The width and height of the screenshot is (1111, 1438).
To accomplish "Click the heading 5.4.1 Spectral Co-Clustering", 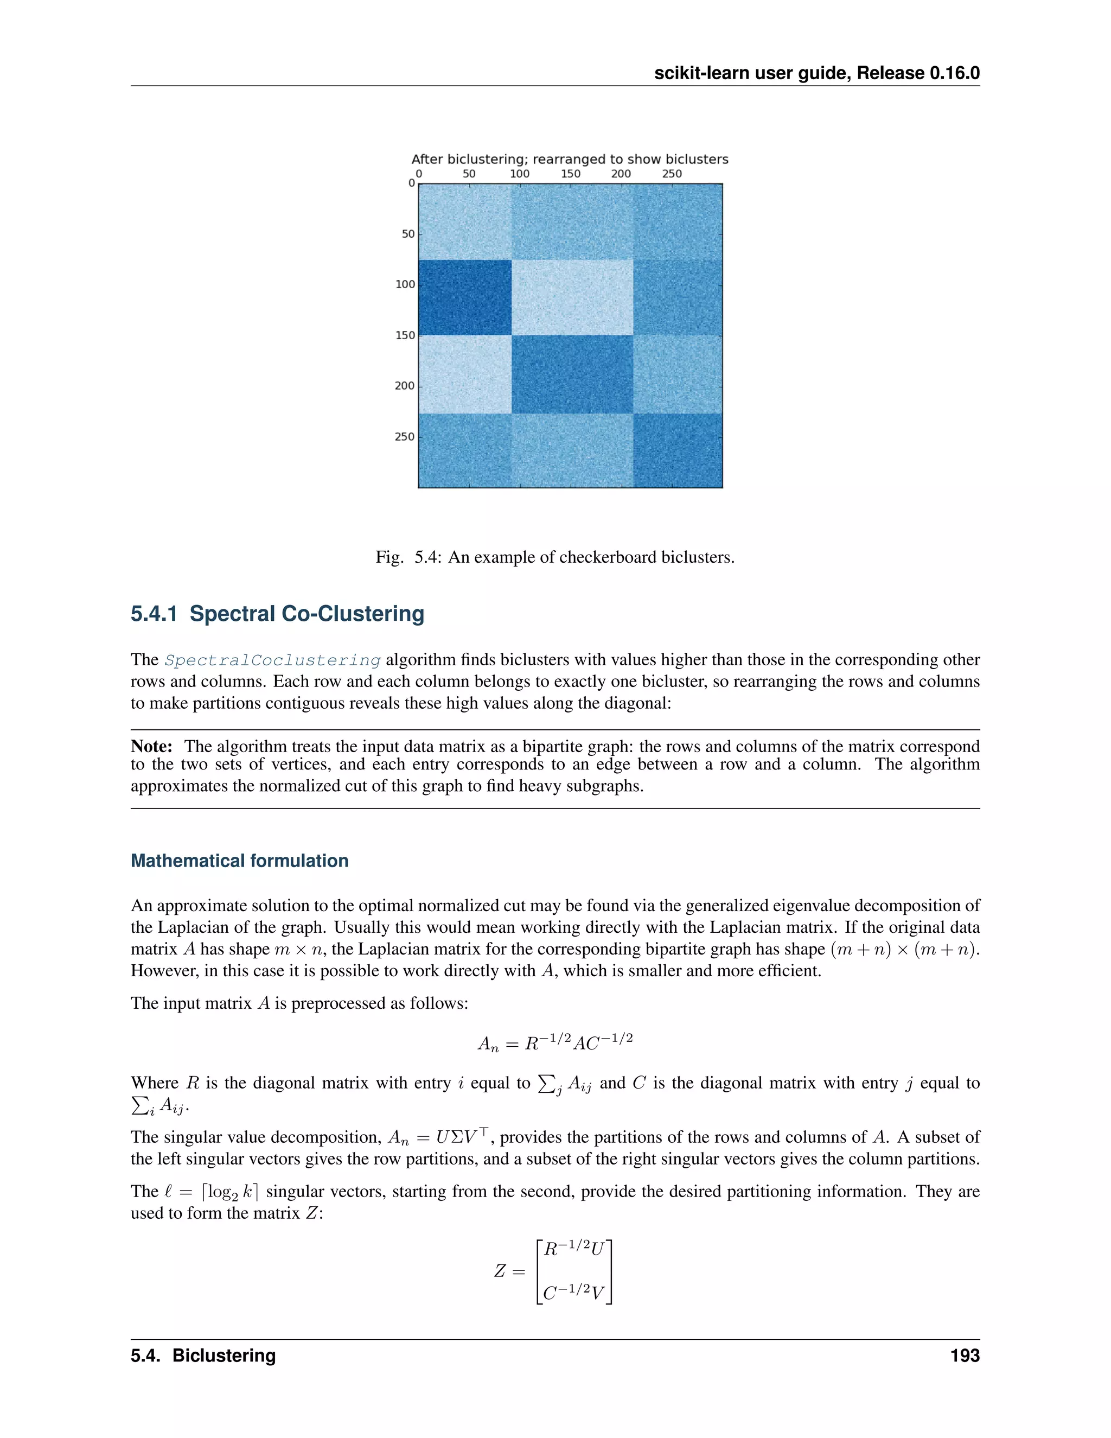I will point(277,614).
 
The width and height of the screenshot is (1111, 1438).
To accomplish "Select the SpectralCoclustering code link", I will point(272,660).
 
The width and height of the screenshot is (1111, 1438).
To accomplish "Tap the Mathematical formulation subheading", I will point(240,861).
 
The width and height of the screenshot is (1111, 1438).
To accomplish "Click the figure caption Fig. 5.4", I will point(554,557).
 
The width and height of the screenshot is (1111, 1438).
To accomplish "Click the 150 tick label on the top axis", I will point(570,174).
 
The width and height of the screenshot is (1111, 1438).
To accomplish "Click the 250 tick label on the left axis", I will point(404,436).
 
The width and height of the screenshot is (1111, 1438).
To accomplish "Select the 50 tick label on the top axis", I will point(469,174).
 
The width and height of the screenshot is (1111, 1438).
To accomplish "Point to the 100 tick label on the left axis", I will point(404,284).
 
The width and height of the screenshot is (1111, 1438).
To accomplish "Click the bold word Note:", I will point(151,746).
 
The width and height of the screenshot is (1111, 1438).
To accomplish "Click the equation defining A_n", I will point(555,1042).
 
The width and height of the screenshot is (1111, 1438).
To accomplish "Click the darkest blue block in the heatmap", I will point(465,297).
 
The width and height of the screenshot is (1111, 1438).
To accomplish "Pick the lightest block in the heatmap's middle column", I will point(571,297).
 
